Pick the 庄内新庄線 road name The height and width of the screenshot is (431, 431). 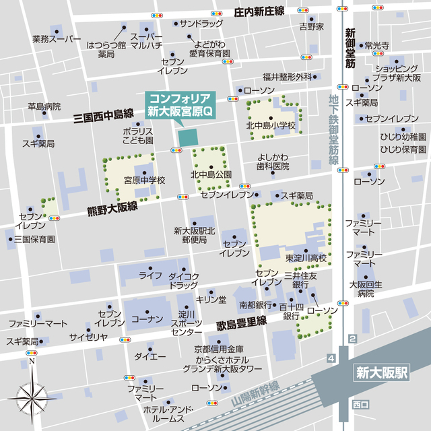point(259,12)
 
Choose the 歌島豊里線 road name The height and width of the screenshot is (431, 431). point(241,323)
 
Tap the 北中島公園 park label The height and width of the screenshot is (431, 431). point(211,175)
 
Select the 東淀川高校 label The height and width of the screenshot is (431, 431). point(306,258)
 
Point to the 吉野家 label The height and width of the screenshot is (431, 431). point(312,26)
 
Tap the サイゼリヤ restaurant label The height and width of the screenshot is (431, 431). point(89,336)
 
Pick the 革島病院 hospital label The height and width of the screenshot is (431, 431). point(44,106)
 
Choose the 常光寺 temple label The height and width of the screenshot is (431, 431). point(377,46)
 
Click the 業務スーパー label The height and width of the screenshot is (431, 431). point(57,40)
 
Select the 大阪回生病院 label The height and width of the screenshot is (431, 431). point(366,289)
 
